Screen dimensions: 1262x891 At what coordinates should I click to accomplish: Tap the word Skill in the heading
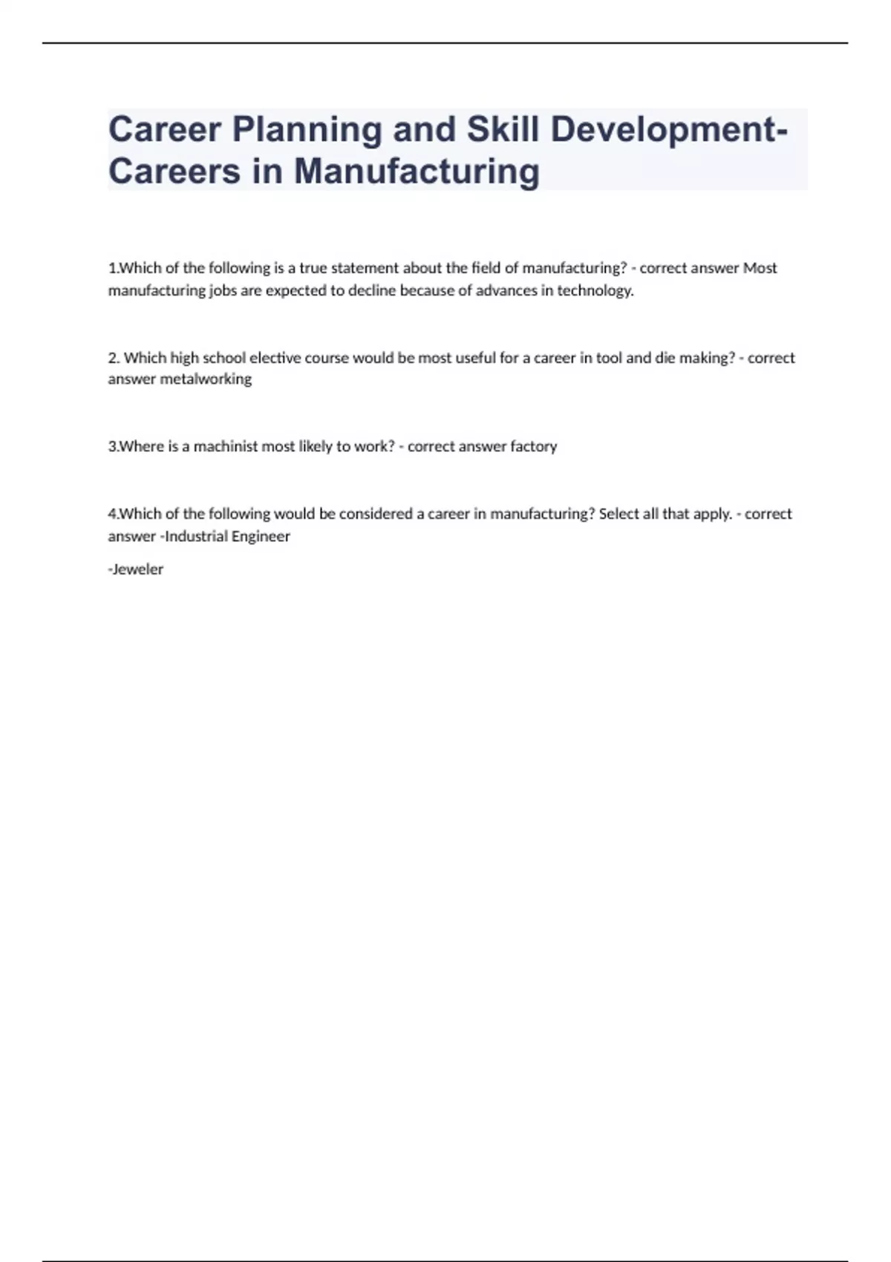pos(502,129)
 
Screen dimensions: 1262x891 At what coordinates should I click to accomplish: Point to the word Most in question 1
pos(760,268)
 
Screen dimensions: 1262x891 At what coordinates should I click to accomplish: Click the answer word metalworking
pos(206,379)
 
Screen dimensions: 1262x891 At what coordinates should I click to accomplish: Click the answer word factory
pos(533,446)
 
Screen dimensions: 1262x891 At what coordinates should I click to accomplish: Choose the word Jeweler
pos(137,569)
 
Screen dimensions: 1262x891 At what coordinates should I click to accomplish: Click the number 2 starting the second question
pos(113,358)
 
